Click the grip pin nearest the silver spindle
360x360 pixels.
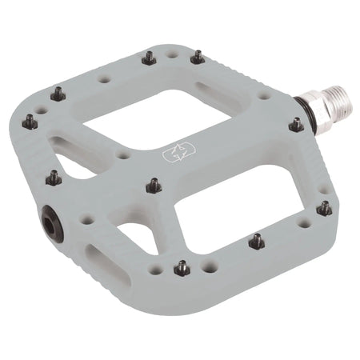295,125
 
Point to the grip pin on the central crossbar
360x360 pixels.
153,186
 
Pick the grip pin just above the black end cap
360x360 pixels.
54,178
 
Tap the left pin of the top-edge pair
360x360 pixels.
149,58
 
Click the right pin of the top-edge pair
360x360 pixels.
197,56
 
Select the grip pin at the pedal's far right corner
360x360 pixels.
324,208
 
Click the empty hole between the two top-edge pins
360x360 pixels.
173,55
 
